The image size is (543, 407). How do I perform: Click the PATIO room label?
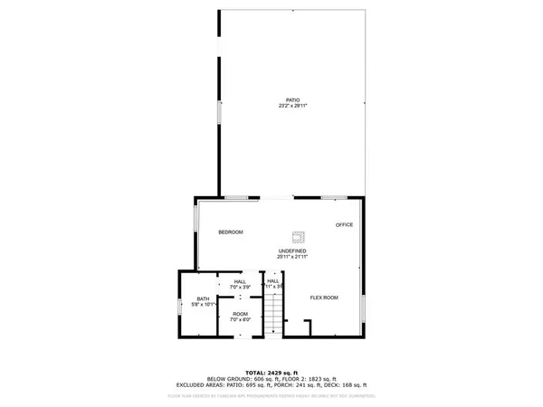click(291, 99)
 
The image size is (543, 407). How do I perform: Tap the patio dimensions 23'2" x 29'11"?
click(291, 105)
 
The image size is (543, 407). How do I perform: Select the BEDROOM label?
click(231, 232)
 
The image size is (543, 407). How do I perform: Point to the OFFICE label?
click(344, 224)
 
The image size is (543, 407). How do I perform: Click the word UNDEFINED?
click(291, 251)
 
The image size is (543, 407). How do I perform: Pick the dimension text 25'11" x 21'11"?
click(291, 257)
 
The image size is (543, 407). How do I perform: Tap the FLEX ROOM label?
click(324, 298)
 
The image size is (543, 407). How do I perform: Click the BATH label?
click(203, 299)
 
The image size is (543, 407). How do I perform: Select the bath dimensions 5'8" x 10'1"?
click(203, 306)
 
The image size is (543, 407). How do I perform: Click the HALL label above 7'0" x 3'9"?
click(240, 281)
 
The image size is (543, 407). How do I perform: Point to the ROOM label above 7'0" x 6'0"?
click(239, 314)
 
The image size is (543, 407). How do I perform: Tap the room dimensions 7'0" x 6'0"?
click(239, 320)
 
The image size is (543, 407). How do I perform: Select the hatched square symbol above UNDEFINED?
click(296, 233)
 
